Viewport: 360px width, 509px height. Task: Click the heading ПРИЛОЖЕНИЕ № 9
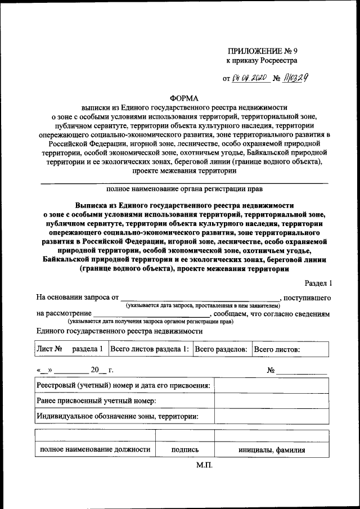click(x=263, y=51)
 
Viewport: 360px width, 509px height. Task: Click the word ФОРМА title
click(x=182, y=97)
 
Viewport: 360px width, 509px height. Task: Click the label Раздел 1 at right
click(x=318, y=283)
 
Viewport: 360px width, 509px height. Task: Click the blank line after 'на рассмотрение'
click(x=152, y=313)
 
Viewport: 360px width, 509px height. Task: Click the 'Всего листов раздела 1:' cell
click(x=150, y=349)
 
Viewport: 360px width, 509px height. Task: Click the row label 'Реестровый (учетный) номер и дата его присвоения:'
click(x=124, y=386)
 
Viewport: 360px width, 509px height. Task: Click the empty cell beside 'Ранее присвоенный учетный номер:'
click(x=271, y=401)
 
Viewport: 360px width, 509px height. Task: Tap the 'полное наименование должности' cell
click(x=94, y=449)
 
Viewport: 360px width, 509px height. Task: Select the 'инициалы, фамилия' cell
click(x=271, y=449)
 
